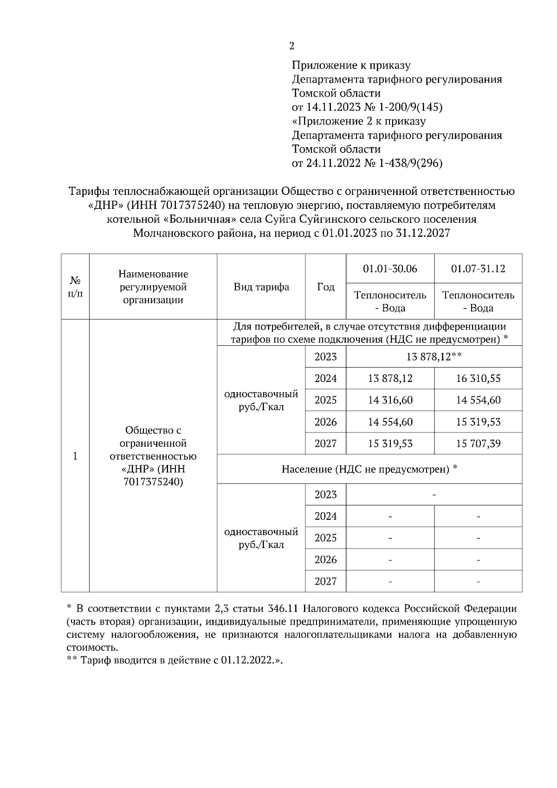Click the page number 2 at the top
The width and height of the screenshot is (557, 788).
pos(291,46)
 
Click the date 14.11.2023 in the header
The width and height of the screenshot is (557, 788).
pos(334,107)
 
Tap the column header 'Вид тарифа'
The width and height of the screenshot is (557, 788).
pos(261,287)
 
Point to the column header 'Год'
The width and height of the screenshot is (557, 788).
pos(325,287)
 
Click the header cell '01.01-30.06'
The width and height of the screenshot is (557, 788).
pos(390,269)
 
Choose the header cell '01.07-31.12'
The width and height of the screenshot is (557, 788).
pos(478,269)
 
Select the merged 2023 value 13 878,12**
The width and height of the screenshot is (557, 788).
pos(434,357)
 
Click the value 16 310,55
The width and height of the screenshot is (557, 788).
pos(478,379)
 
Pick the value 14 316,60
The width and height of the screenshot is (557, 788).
pos(390,400)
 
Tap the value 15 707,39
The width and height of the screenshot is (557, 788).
pos(478,444)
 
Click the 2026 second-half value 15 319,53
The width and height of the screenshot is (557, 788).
pos(478,422)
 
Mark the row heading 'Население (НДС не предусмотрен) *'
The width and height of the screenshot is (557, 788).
pos(369,469)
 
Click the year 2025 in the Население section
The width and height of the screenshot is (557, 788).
pos(325,538)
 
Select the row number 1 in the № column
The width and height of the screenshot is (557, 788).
pos(75,456)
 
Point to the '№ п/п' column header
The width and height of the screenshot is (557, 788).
pos(75,287)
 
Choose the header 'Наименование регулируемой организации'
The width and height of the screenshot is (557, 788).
pos(153,287)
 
